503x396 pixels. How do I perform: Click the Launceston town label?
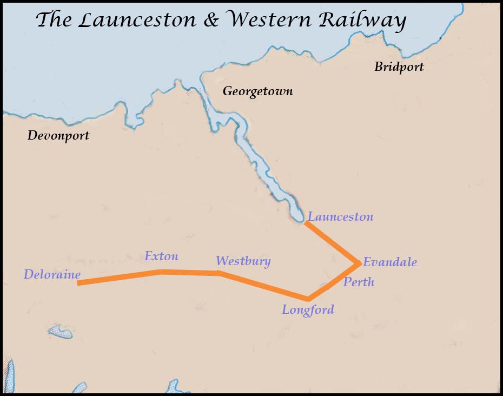340,217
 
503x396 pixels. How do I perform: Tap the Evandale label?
389,262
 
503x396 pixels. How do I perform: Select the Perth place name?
359,282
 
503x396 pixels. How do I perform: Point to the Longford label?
308,310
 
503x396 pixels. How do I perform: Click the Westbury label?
243,261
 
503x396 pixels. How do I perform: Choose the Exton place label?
161,256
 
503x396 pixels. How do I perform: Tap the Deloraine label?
52,275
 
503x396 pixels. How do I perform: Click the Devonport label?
58,135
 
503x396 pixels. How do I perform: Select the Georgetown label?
257,91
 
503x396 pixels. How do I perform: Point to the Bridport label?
399,67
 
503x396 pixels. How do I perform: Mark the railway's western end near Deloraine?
79,283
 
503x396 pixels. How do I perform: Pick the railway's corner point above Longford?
308,299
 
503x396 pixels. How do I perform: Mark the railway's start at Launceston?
307,222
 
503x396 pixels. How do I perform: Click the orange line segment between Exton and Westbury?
190,273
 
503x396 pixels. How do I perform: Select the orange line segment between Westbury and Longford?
263,286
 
